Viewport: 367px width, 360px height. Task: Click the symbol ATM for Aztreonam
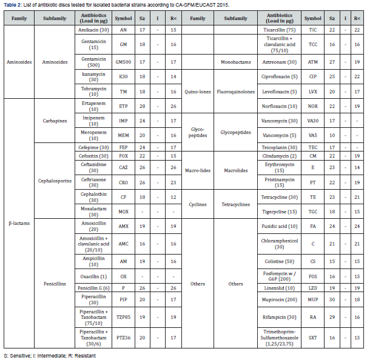click(x=314, y=62)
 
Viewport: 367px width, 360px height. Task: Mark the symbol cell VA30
click(x=314, y=121)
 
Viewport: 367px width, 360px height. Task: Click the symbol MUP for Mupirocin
click(x=314, y=299)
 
